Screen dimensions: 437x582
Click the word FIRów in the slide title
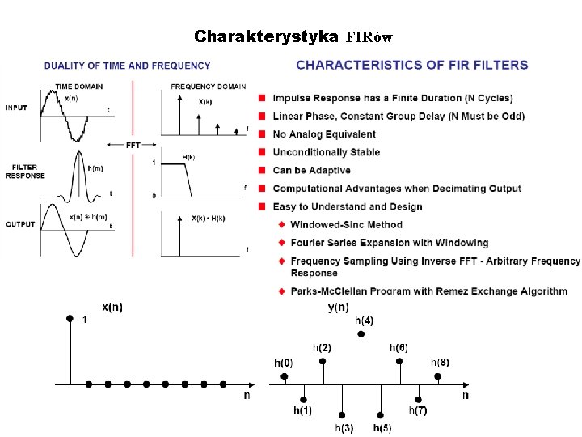coord(369,37)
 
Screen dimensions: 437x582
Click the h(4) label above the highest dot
coord(365,320)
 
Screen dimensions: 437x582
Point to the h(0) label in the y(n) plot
coord(284,362)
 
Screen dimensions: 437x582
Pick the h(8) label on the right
coord(440,361)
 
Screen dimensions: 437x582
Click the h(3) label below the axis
coord(344,427)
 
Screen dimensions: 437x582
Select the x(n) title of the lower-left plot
coord(112,307)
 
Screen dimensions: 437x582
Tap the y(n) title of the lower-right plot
coord(338,307)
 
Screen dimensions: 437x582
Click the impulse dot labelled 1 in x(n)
coord(70,319)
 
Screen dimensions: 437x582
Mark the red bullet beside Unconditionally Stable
coord(262,152)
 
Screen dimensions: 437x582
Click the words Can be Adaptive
coord(312,170)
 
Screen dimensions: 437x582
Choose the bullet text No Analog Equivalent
coord(324,134)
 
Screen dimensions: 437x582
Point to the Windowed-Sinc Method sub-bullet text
coord(346,224)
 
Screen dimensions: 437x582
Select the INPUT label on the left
coord(17,107)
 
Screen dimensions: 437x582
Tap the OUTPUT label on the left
coord(20,223)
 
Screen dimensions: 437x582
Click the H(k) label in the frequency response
coord(189,156)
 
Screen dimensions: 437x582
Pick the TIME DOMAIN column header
coord(79,86)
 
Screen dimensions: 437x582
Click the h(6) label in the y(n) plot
coord(399,347)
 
